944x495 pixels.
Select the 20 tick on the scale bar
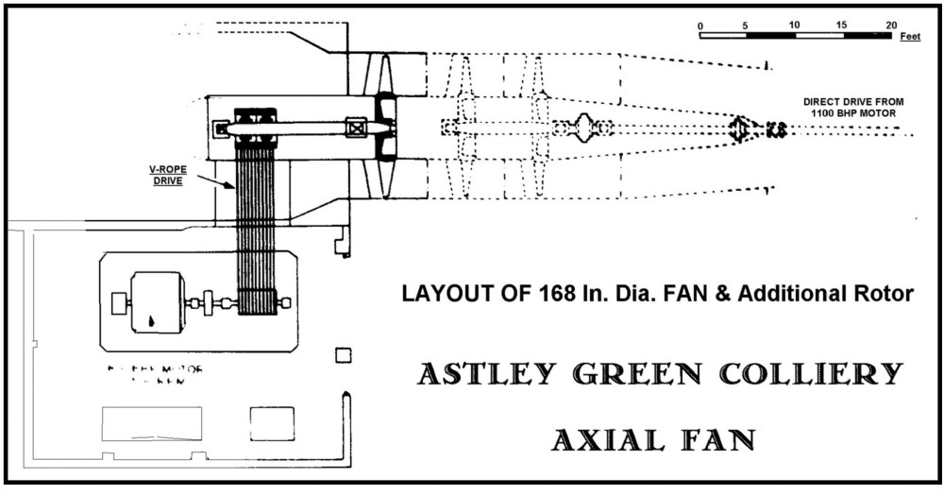[891, 25]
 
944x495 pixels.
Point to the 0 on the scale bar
[700, 25]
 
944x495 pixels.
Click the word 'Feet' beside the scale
[910, 36]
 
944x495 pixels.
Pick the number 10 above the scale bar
[795, 25]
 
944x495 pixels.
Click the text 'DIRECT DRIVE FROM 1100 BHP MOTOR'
[850, 107]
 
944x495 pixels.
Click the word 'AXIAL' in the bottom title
[603, 439]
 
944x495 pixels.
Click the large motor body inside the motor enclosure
[157, 302]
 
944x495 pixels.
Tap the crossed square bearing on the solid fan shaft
[356, 128]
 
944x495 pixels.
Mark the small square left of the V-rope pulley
[221, 128]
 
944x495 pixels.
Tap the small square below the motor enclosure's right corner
[344, 355]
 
